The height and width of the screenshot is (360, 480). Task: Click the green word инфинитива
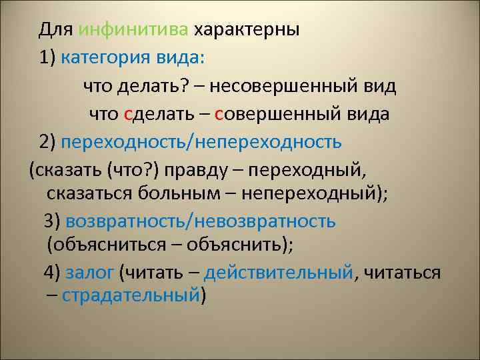(x=133, y=31)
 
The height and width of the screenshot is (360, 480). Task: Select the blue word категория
(x=107, y=58)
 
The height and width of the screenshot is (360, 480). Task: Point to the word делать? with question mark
(x=153, y=86)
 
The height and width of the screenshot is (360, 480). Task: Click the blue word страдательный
(x=131, y=295)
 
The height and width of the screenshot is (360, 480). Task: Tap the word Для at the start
(x=55, y=31)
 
